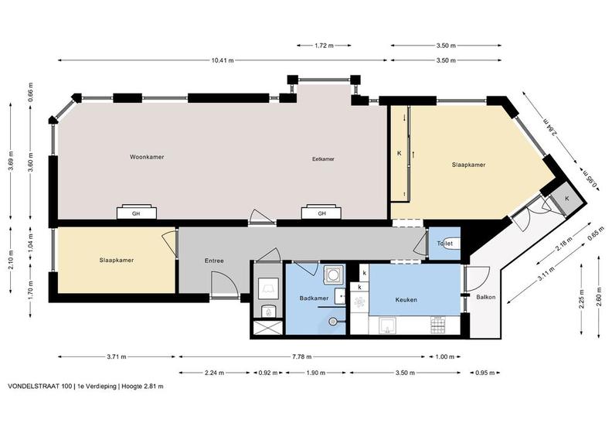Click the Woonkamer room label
tap(147, 157)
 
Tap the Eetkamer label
tap(323, 159)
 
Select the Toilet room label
tap(444, 244)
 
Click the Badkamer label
tap(314, 298)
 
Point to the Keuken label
tap(406, 300)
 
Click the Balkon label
tap(486, 297)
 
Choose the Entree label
tap(214, 261)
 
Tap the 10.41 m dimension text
tap(223, 60)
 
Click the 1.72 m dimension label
tap(324, 46)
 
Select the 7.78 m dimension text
tap(301, 356)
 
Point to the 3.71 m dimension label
tap(117, 356)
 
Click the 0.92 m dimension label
tap(267, 373)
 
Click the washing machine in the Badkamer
tap(333, 275)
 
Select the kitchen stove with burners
tap(437, 325)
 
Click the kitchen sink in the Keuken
tap(388, 326)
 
